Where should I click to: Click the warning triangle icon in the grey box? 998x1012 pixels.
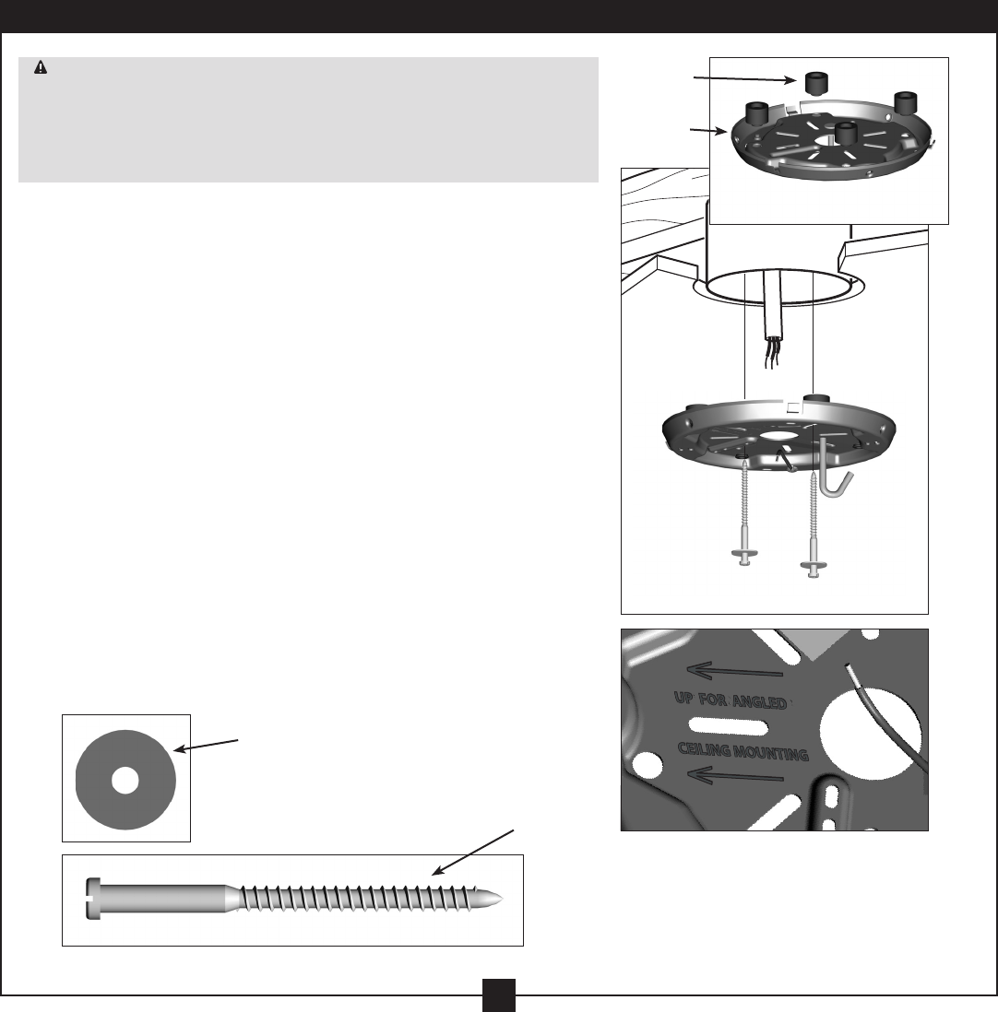(41, 68)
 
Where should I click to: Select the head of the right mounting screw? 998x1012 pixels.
(812, 564)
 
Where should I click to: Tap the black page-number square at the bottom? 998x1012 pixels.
(498, 994)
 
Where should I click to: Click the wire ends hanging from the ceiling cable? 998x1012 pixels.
(770, 354)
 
